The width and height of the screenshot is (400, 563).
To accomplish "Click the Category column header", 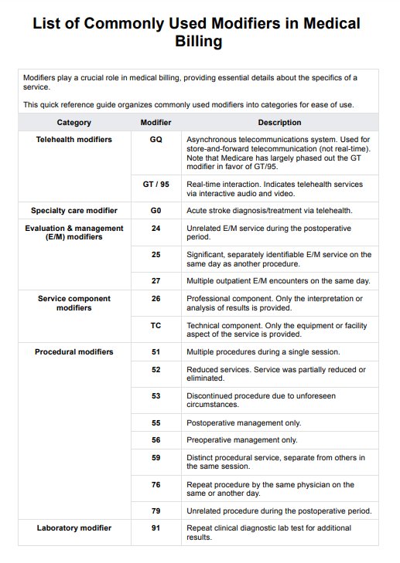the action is (74, 123).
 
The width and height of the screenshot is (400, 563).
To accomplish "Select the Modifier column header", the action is (156, 123).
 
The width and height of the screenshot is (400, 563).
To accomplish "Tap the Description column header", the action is (279, 123).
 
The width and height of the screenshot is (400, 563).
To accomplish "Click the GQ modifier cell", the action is (156, 140).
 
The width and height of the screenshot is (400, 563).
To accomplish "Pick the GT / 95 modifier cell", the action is (156, 185).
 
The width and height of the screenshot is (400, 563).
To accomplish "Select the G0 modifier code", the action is (156, 210).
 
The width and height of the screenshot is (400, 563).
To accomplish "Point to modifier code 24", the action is (156, 229).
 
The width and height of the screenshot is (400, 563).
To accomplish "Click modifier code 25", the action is (156, 254).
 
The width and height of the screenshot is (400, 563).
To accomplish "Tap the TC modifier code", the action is (156, 326).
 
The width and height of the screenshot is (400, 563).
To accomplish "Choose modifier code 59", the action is (156, 458).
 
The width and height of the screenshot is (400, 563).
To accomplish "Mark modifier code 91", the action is (156, 528).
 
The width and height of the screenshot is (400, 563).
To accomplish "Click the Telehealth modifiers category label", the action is (74, 140).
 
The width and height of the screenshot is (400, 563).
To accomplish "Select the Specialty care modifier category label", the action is (74, 210).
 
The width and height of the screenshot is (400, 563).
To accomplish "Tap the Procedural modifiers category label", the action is (74, 352).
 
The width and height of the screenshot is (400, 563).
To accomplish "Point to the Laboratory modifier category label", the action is (74, 528).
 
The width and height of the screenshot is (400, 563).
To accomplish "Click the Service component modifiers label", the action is (74, 304).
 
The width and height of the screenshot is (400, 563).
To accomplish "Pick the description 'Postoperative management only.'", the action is (244, 423).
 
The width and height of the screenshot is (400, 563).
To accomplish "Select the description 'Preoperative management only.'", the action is (241, 440).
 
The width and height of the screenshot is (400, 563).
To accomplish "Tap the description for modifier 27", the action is (278, 280).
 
